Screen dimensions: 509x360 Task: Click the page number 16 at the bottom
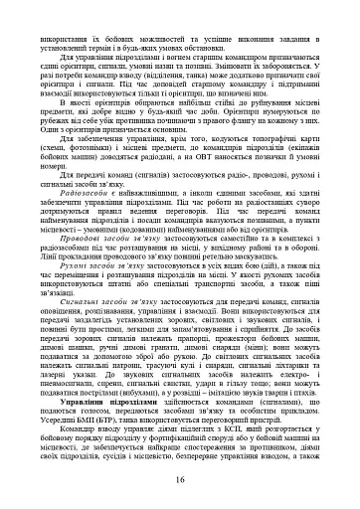pos(180,481)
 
